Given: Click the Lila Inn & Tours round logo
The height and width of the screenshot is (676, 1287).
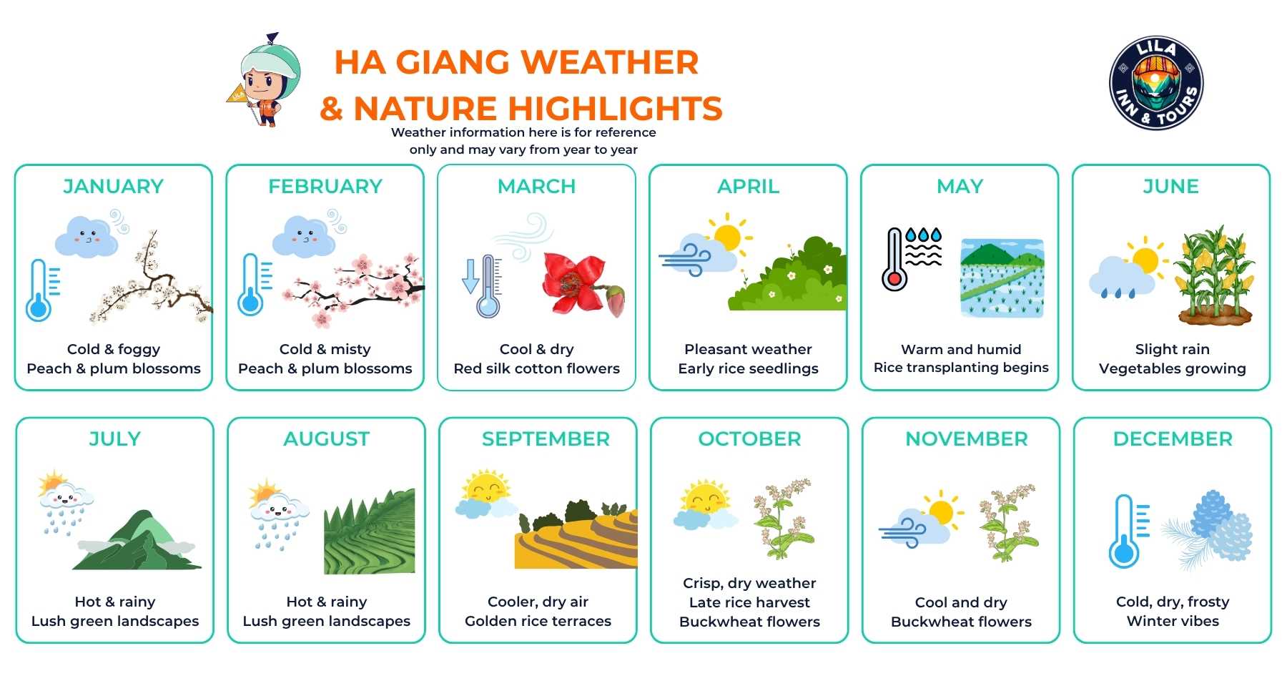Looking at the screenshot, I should pos(1156,83).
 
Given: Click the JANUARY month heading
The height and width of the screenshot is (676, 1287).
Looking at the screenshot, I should pos(114,186).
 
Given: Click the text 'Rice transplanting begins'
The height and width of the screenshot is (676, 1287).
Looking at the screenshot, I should pos(960,368).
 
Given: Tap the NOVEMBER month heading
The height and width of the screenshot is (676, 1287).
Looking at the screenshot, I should pos(966,439).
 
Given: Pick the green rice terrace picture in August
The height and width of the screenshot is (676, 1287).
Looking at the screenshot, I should pos(370,533).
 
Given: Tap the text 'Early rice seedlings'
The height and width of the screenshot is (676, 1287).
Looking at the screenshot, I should pos(748,368).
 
